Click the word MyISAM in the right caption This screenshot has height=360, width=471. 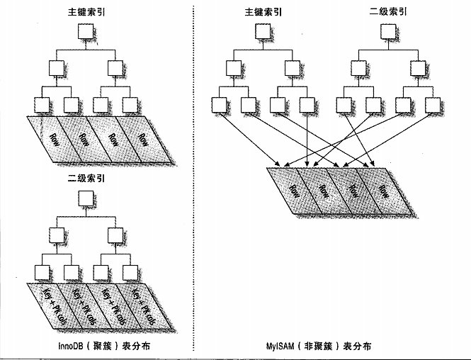coord(274,347)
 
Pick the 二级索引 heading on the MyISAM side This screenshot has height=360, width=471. coord(388,11)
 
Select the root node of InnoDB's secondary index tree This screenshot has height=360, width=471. coord(86,198)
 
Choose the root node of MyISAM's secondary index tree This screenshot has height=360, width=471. coord(388,32)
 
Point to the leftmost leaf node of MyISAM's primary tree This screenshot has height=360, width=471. coord(219,105)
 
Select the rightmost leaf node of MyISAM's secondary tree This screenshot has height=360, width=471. coord(432,105)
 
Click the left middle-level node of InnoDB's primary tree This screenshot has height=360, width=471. coord(56,69)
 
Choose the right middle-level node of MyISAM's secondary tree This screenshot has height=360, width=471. coord(417,69)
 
